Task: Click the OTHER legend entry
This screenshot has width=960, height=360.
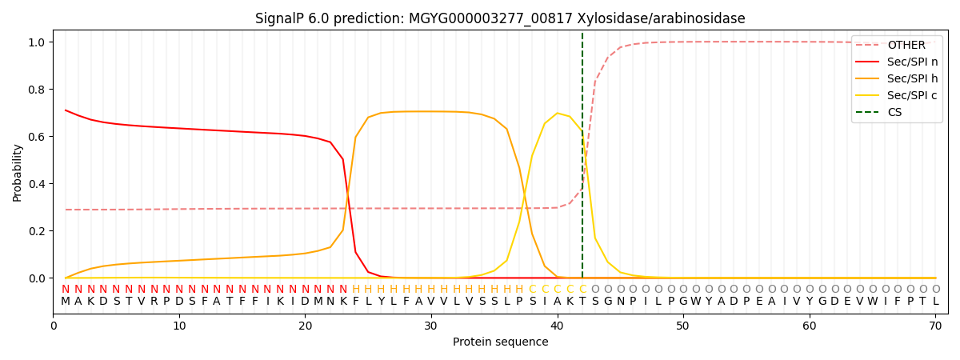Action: click(906, 46)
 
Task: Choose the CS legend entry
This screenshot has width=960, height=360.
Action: click(894, 112)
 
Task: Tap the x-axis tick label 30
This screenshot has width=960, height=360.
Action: click(430, 326)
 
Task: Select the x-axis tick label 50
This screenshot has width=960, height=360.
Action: click(682, 326)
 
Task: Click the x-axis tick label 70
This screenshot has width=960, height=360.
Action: click(935, 326)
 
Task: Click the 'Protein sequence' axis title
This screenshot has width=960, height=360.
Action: click(500, 342)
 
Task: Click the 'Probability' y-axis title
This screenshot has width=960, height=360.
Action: click(18, 172)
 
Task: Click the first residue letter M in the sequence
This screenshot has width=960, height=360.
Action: click(66, 302)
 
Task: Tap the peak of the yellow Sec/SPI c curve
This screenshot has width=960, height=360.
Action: click(558, 114)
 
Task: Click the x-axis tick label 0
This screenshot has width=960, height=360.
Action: click(54, 326)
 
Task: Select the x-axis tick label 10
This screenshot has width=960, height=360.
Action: click(179, 326)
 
